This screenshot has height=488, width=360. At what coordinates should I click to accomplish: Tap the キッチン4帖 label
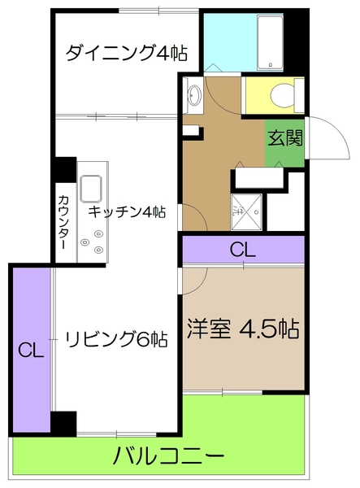tap(127, 213)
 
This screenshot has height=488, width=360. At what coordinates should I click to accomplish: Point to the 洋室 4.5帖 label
tap(243, 329)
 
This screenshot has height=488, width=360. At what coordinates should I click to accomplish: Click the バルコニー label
tap(168, 456)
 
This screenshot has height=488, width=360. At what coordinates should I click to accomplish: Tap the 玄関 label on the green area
tap(285, 137)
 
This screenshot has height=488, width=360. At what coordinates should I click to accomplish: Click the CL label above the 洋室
tap(242, 250)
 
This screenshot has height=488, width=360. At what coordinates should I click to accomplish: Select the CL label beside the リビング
tap(31, 351)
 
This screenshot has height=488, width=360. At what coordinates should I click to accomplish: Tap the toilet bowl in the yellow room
tap(280, 95)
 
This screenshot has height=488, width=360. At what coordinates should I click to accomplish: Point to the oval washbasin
tap(194, 95)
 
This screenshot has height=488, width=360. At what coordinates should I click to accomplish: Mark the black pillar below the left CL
tap(63, 423)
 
